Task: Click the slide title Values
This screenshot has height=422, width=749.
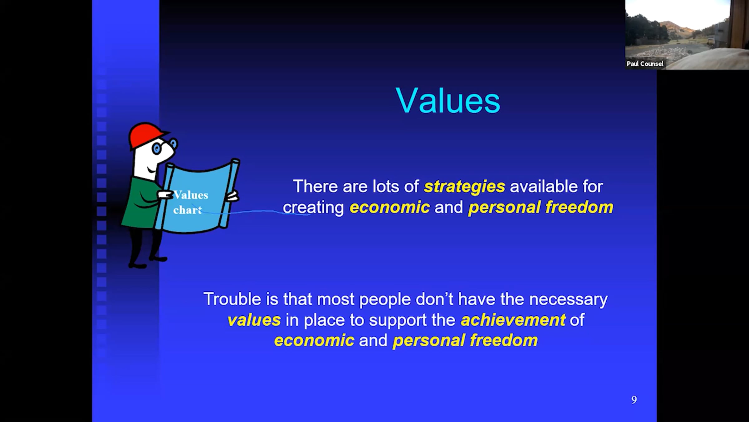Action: tap(448, 100)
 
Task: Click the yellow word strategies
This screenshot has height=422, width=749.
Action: tap(464, 187)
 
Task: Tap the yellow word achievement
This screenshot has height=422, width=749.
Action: tap(513, 320)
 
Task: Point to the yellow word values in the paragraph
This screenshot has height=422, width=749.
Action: tap(254, 320)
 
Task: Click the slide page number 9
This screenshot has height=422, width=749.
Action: tap(634, 400)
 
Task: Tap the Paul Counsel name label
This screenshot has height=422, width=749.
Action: tap(645, 64)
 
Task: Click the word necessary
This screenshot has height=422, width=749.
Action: tap(568, 299)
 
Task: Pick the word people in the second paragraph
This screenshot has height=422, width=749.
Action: tap(385, 299)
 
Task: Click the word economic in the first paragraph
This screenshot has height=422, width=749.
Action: tap(389, 208)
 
